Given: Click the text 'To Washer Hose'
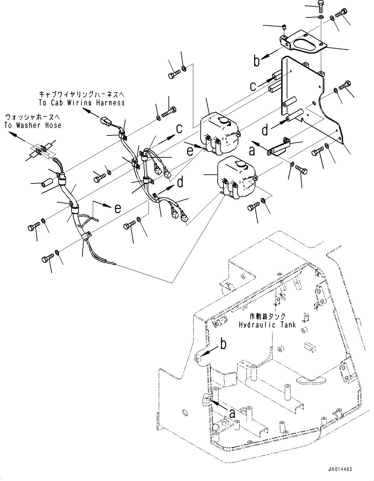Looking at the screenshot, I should [33, 125].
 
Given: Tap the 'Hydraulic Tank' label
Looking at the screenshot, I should [267, 325].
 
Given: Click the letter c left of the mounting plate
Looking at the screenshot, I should [254, 86].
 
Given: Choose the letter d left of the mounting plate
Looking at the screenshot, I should [265, 130].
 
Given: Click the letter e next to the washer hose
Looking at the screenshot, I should [118, 209].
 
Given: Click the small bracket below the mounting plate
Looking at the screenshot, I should [279, 147].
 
